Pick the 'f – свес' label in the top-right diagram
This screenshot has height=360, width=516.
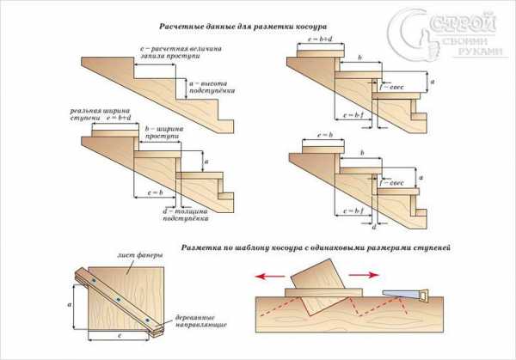390,86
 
